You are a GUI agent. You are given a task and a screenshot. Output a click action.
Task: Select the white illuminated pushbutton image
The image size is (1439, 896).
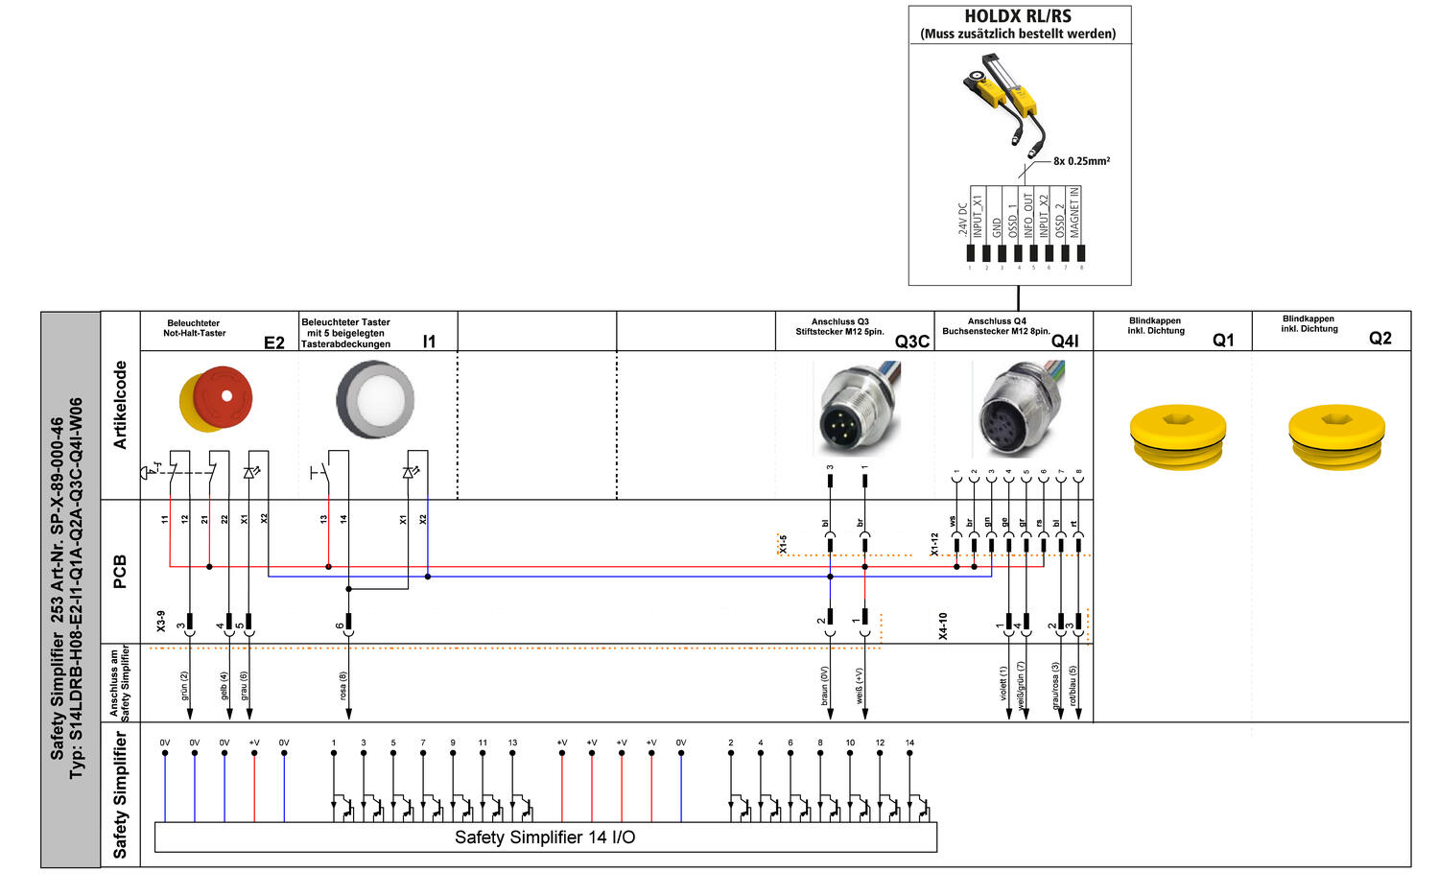[375, 399]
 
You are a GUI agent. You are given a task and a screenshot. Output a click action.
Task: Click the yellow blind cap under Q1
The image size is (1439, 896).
[1178, 437]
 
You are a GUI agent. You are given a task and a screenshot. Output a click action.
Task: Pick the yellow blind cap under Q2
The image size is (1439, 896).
[1336, 437]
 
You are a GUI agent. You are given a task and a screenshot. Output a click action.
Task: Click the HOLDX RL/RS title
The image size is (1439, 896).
[1018, 16]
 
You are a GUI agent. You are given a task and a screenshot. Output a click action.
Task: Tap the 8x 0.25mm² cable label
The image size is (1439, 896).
[1081, 161]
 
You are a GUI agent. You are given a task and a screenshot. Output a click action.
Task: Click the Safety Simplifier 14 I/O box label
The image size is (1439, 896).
[545, 837]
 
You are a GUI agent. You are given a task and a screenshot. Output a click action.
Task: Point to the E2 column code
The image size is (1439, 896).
[274, 342]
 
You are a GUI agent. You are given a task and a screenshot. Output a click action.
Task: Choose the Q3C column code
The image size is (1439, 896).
[911, 342]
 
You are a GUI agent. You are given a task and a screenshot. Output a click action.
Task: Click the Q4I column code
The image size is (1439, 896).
[1065, 342]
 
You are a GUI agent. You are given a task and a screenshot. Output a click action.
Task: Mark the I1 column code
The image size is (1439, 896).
[429, 342]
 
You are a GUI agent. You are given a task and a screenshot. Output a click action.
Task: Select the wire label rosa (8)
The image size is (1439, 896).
[343, 685]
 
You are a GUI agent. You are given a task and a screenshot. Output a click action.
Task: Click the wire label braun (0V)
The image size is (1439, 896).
[824, 686]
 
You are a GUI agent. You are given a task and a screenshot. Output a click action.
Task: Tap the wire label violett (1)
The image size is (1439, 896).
[1004, 683]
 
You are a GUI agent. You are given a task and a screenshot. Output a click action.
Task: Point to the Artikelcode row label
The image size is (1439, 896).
[121, 405]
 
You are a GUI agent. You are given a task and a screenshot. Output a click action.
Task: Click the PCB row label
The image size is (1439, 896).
[120, 571]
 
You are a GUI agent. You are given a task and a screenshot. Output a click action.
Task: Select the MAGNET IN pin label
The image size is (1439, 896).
[1075, 212]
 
